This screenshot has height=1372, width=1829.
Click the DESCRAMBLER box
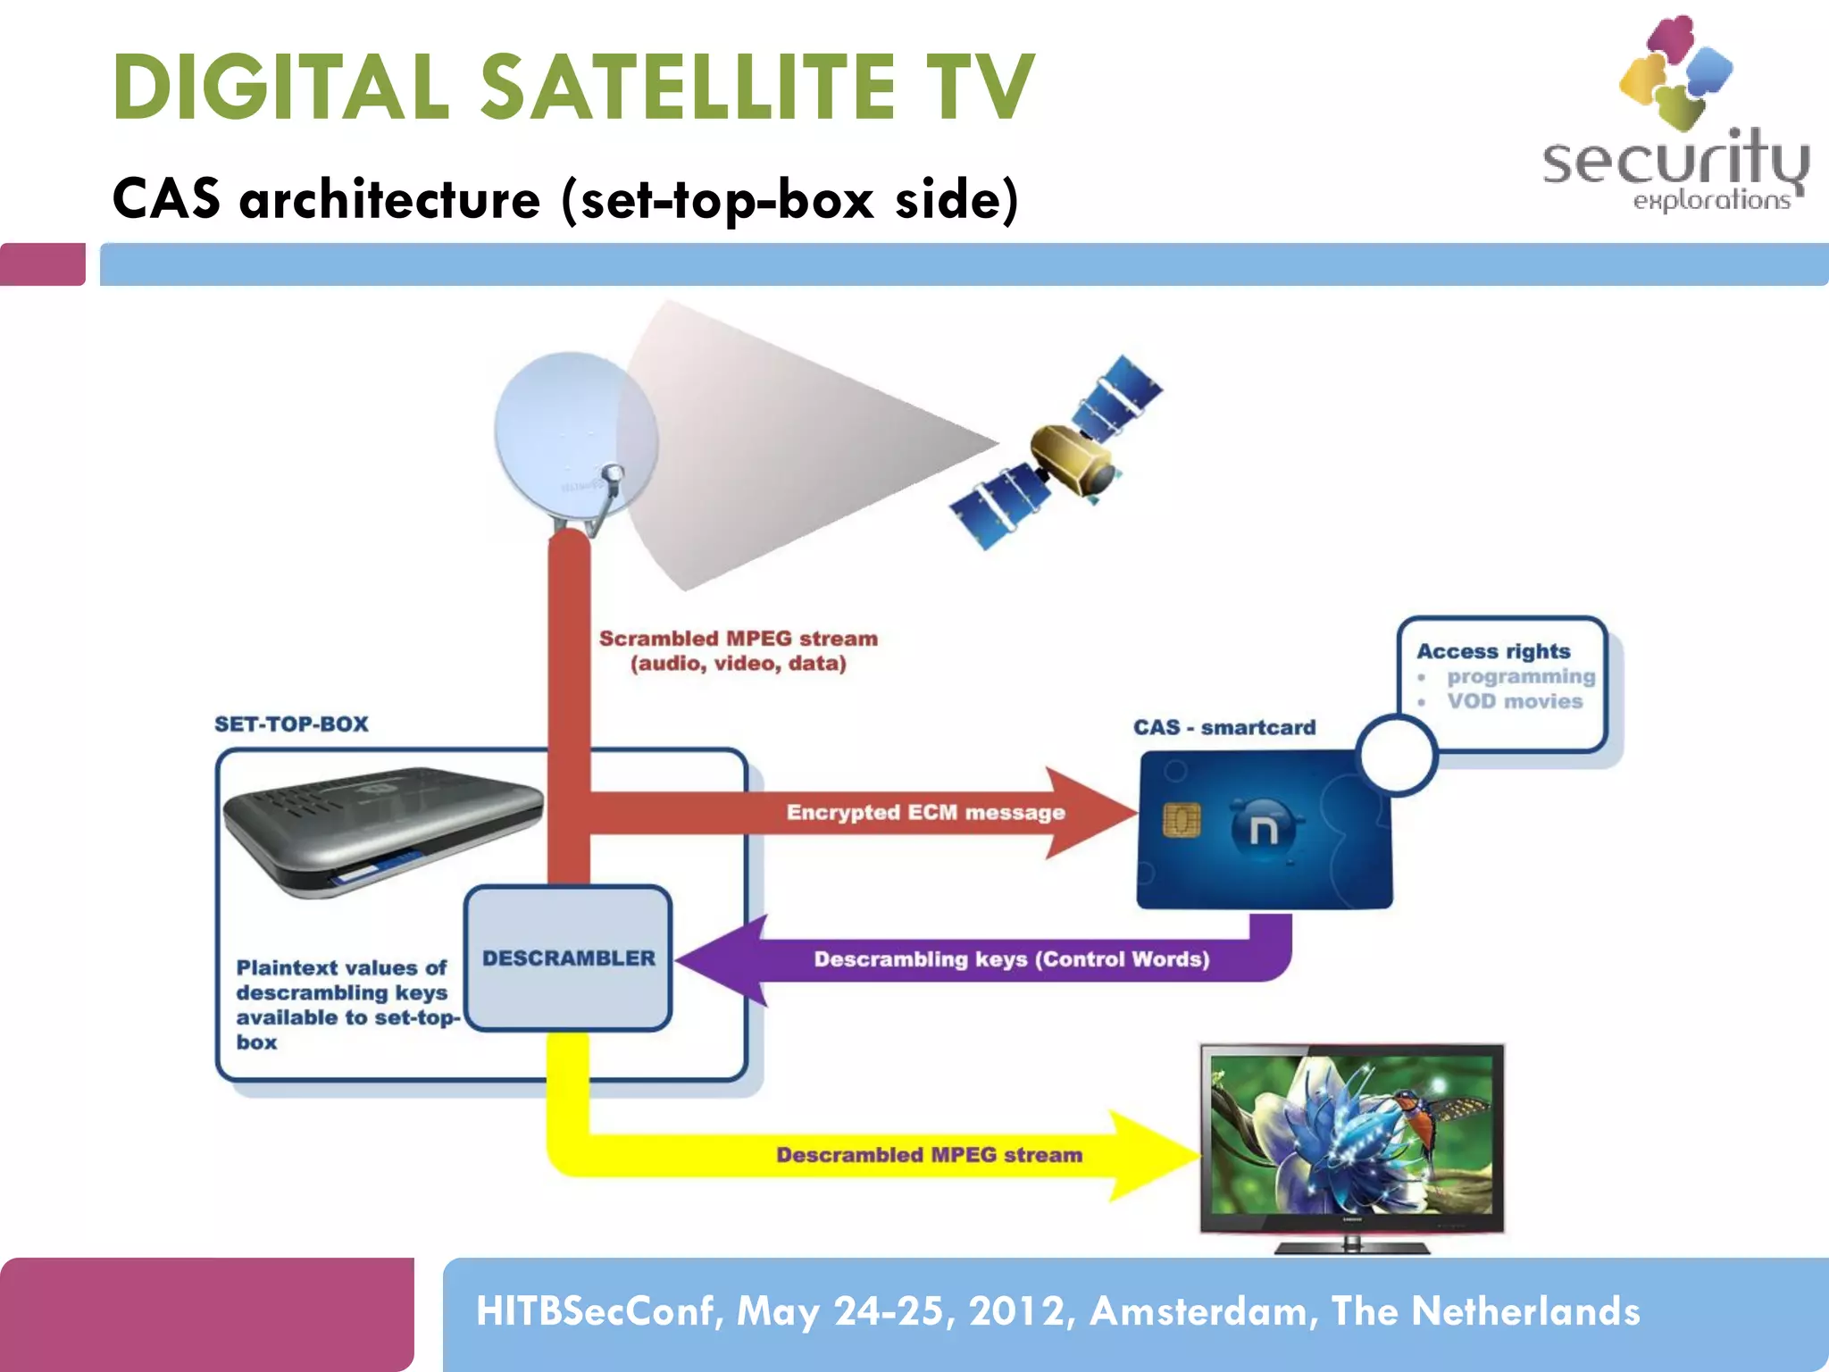(568, 958)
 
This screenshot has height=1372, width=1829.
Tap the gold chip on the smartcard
(1182, 819)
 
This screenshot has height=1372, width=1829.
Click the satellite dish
(572, 438)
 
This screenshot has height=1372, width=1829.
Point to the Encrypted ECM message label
(925, 812)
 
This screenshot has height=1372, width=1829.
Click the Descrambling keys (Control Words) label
(1011, 959)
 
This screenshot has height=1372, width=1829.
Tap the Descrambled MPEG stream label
(929, 1155)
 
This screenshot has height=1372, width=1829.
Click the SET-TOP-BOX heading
(291, 724)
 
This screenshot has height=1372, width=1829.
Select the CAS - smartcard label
(1224, 727)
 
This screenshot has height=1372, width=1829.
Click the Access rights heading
(1493, 651)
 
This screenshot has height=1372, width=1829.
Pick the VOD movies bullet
(1515, 701)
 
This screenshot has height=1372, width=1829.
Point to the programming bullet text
(1521, 676)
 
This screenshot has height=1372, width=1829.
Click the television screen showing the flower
(1352, 1134)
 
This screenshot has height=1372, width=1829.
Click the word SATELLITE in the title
(688, 88)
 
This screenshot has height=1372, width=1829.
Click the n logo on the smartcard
(1263, 829)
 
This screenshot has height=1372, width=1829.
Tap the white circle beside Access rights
(1396, 755)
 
